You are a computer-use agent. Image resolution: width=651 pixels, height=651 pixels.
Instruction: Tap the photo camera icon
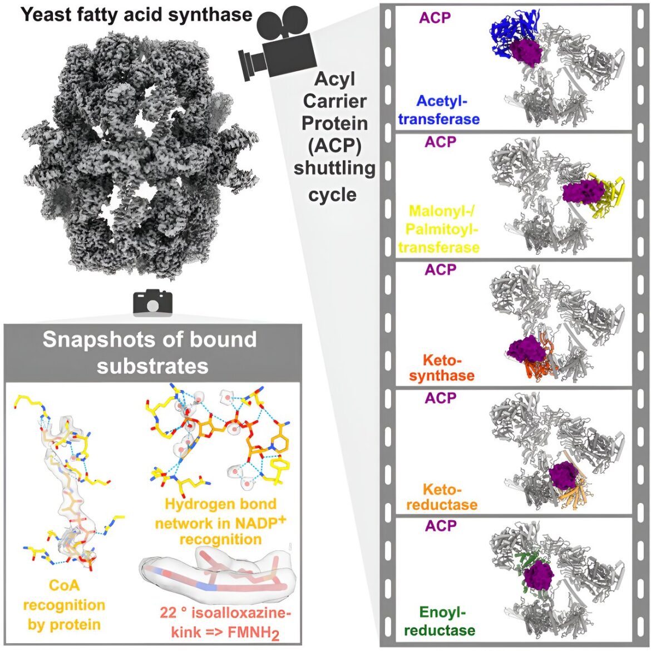pos(152,303)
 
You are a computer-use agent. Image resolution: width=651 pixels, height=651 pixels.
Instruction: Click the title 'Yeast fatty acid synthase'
pos(136,14)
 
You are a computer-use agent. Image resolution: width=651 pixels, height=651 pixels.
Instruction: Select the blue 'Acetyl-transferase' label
pos(439,110)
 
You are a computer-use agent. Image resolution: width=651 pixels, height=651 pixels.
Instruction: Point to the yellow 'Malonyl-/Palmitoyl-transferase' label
pos(439,229)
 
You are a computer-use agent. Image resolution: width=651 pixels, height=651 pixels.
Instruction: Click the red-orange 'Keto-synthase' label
pos(442,367)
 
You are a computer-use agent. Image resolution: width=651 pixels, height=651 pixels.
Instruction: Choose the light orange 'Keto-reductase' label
pos(442,496)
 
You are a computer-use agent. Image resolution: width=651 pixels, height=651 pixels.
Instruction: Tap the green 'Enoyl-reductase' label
pos(440,621)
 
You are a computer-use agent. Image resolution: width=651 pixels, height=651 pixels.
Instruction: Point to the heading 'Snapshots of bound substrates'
pos(151,353)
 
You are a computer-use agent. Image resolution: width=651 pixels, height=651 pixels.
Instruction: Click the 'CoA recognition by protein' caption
pos(65,605)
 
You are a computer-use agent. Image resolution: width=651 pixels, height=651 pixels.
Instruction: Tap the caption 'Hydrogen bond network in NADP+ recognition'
pos(220,522)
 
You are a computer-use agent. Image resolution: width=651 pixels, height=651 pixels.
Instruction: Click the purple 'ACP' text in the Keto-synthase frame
pos(441,269)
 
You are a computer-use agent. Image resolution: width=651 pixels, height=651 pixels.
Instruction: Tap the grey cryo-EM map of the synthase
pos(140,154)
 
